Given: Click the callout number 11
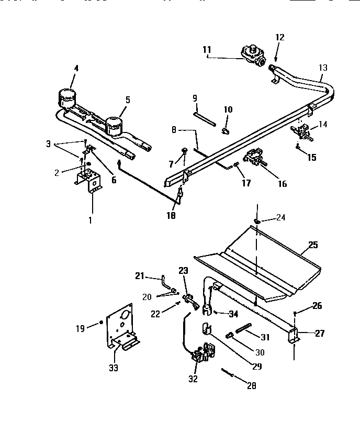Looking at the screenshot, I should (207, 50).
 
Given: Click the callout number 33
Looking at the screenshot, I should (114, 368).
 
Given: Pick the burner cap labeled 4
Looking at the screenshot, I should (66, 97).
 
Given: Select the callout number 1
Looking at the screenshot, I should (89, 220).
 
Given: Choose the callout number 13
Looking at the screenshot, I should (323, 68).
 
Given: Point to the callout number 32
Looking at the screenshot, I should (193, 379).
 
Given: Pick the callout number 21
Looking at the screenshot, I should (140, 276).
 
